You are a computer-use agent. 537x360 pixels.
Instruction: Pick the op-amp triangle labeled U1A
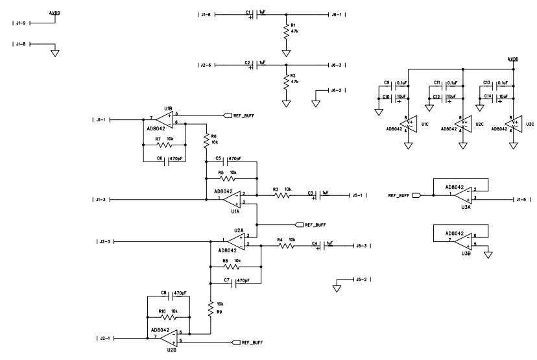click(230, 198)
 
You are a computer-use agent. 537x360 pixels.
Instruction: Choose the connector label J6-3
click(337, 65)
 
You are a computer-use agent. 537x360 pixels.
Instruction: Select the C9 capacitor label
click(387, 83)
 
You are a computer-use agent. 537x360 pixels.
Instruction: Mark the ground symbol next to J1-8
click(55, 52)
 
